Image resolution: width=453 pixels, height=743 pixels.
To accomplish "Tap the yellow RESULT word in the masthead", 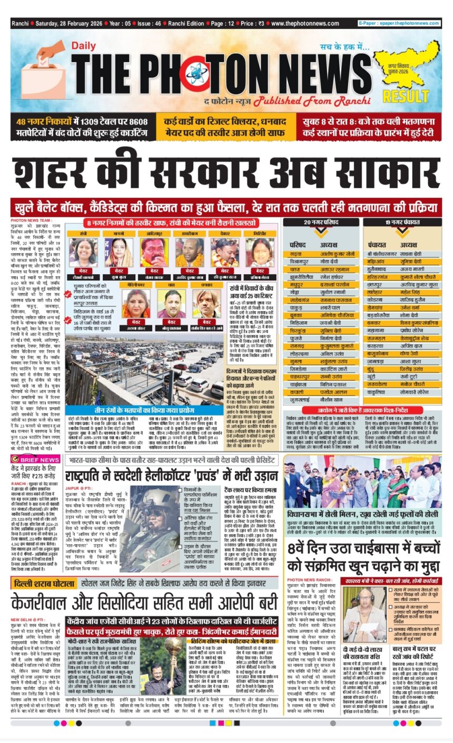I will click(x=413, y=97).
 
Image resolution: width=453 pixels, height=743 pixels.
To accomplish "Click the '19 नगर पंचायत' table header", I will click(x=400, y=223).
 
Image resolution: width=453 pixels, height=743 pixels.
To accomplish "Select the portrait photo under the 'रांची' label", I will click(x=83, y=253).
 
